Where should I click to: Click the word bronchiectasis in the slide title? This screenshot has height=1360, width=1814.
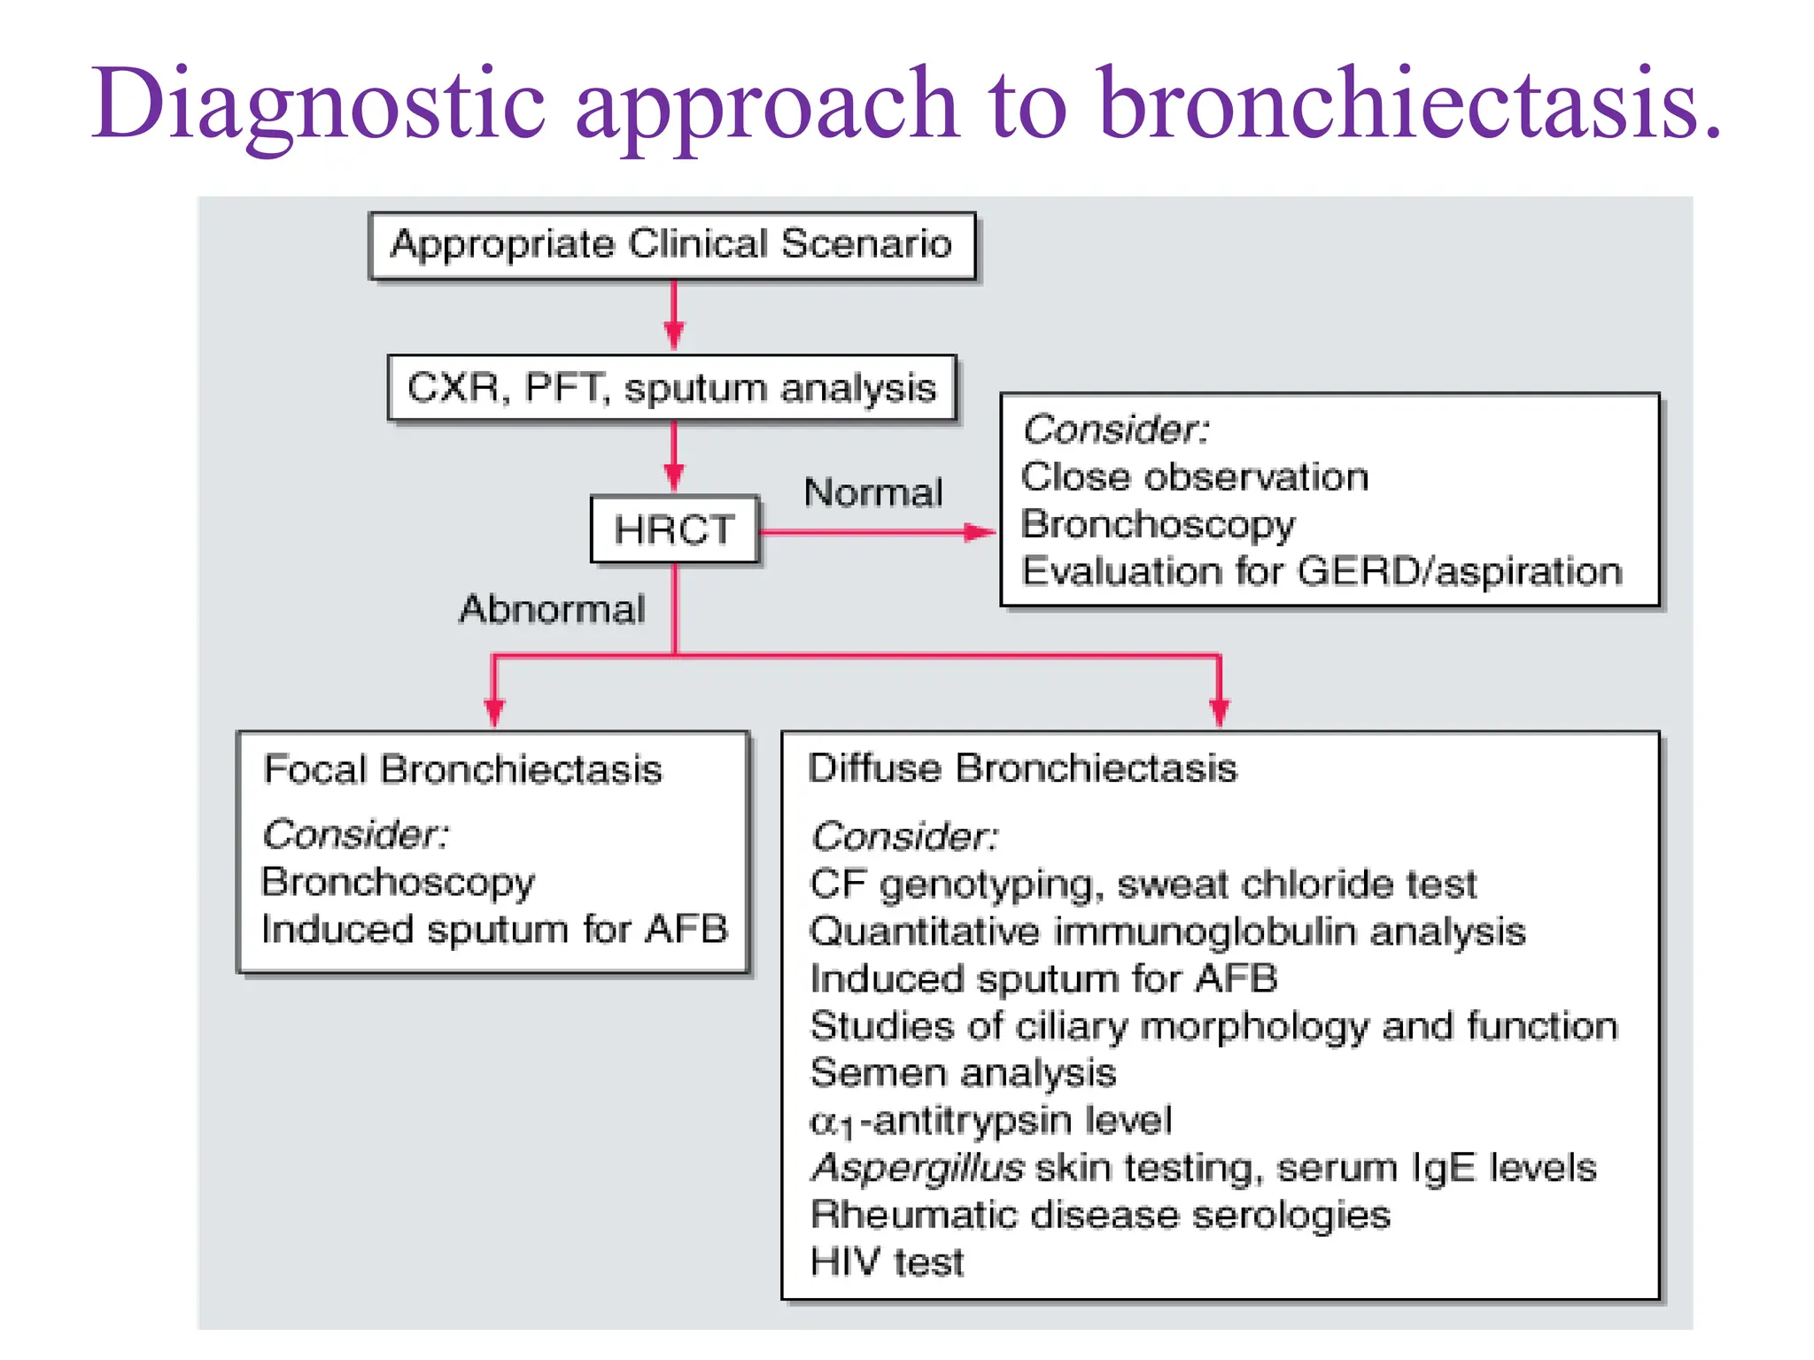point(1408,104)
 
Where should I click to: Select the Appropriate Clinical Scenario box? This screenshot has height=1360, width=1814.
point(672,245)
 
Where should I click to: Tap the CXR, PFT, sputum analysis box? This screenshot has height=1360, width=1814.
point(672,388)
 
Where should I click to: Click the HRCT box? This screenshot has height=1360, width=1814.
point(674,529)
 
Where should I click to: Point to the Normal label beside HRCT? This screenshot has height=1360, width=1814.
point(873,492)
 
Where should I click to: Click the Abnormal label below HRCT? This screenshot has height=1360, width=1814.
point(552,609)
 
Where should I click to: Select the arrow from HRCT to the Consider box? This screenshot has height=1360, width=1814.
point(877,532)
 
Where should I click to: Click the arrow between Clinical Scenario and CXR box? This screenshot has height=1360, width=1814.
point(674,315)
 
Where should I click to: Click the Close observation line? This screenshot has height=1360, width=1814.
point(1194,477)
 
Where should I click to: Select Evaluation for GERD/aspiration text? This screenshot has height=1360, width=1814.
point(1322,571)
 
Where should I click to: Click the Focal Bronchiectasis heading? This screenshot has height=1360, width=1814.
point(462,769)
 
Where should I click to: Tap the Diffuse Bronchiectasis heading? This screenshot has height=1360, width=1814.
point(1022,768)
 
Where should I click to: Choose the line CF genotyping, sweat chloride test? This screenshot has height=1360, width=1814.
point(1143,885)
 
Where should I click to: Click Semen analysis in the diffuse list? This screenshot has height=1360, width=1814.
point(963,1073)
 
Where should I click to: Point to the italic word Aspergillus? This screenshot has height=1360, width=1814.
point(919,1168)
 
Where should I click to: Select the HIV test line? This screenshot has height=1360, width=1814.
point(887,1262)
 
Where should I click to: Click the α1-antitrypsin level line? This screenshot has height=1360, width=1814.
point(990,1121)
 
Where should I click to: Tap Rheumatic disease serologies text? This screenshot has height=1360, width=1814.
point(1100,1215)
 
